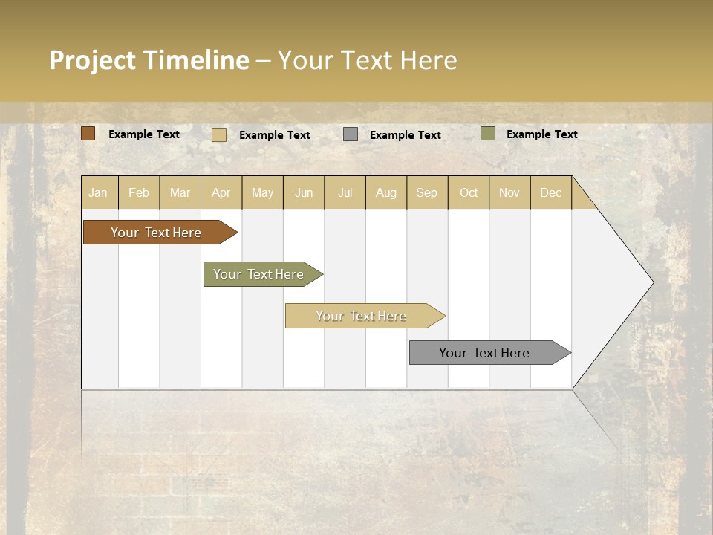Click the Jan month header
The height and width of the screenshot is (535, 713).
(x=98, y=192)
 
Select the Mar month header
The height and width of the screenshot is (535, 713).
(x=180, y=192)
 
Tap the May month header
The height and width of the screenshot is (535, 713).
(x=262, y=192)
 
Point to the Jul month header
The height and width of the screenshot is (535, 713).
(x=345, y=192)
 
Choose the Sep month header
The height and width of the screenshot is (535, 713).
(x=426, y=192)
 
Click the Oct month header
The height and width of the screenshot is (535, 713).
(x=469, y=192)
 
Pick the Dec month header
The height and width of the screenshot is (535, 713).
(x=550, y=192)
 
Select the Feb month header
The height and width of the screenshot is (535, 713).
(x=139, y=192)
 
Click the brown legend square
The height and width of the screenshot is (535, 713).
(x=88, y=134)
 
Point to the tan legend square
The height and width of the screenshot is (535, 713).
(x=219, y=134)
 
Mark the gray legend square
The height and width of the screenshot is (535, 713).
(x=351, y=134)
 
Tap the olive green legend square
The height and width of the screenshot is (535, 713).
(x=488, y=134)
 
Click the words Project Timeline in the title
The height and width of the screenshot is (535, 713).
(x=149, y=60)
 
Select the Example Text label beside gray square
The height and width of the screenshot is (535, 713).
(x=406, y=135)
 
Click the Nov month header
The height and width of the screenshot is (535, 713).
(x=509, y=192)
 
